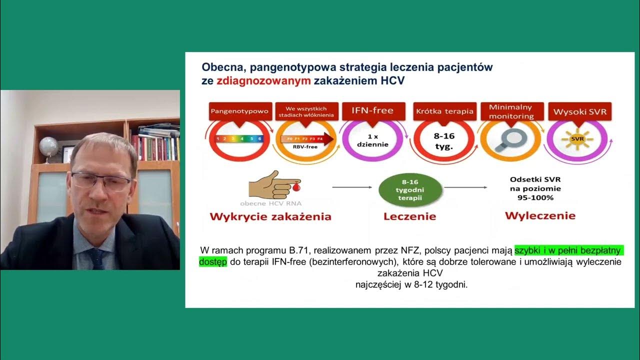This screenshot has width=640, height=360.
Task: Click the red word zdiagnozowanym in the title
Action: click(x=263, y=81)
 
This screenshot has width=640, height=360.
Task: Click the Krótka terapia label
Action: click(x=444, y=111)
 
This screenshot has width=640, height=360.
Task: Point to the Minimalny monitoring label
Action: click(x=510, y=111)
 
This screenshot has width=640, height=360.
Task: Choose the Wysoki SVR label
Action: click(x=579, y=111)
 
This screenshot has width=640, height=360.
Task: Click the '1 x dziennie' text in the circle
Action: click(x=372, y=140)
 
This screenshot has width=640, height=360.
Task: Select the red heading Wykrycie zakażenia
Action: click(x=270, y=216)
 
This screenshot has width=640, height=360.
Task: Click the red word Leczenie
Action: click(x=409, y=216)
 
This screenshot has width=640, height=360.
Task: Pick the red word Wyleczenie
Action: click(x=540, y=216)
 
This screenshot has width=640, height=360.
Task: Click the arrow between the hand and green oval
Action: click(x=352, y=187)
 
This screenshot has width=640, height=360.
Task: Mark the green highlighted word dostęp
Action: click(x=212, y=262)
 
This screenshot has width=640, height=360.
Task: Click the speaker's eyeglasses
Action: click(x=101, y=180)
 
